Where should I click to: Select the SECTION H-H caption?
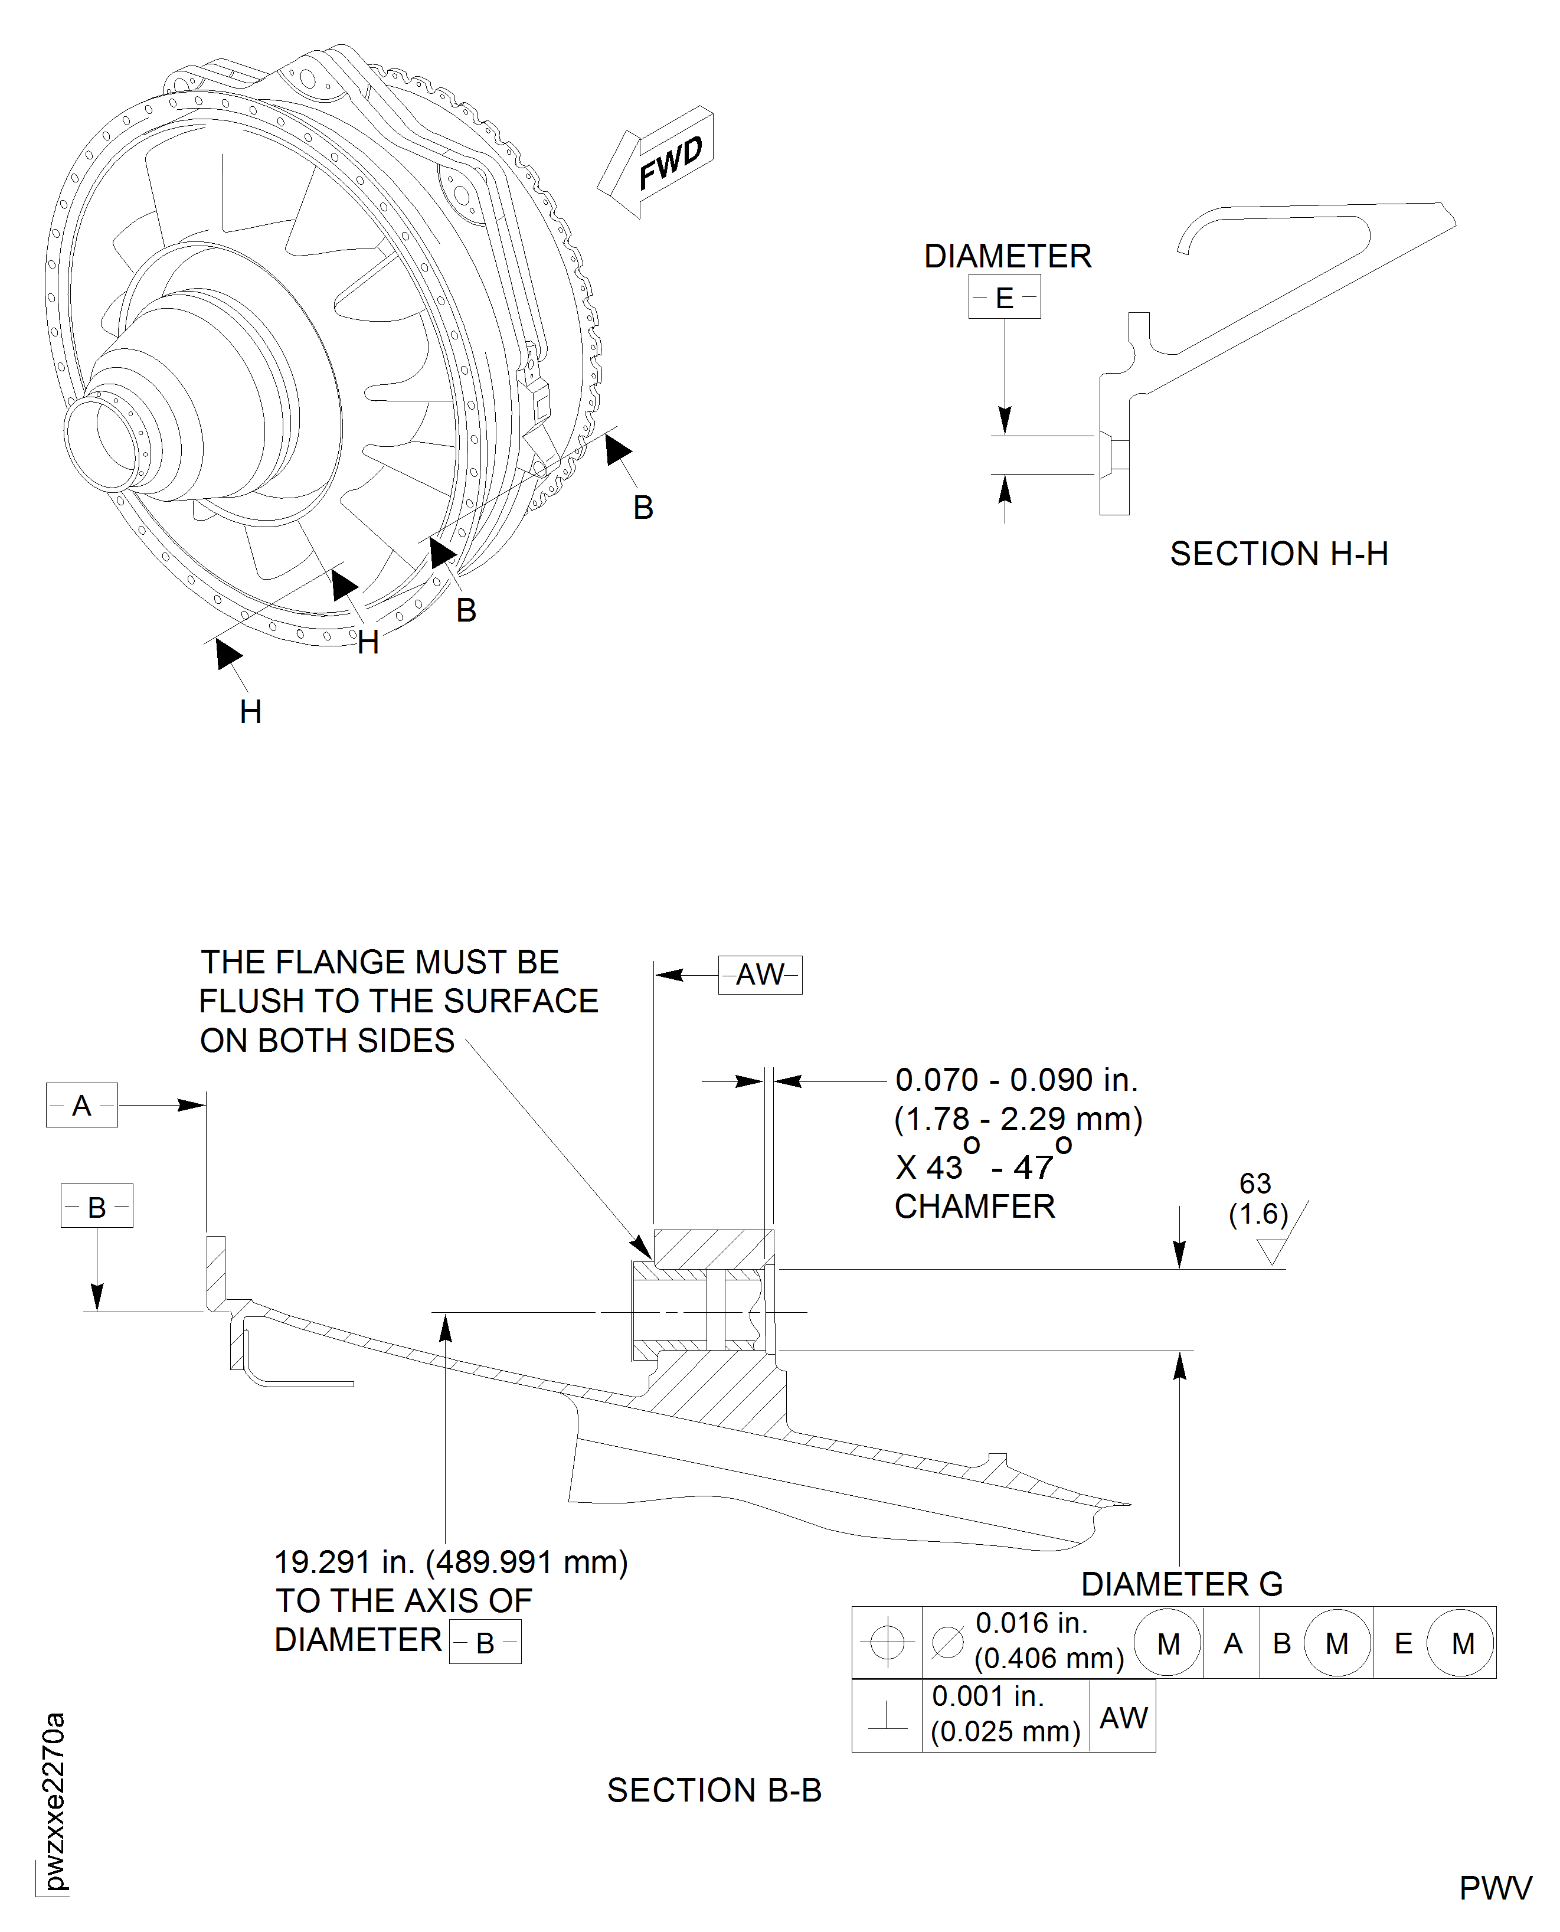click(x=1278, y=554)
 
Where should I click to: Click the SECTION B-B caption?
click(x=714, y=1790)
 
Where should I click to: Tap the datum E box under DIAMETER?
click(x=1004, y=298)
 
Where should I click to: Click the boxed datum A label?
click(x=82, y=1105)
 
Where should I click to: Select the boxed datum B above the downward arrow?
click(x=97, y=1207)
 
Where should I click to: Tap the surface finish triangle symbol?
click(x=1271, y=1251)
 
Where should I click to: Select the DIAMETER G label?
click(x=1181, y=1583)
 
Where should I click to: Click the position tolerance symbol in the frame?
click(x=887, y=1643)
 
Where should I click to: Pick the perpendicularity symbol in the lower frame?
click(x=887, y=1717)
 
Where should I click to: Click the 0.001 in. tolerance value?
click(x=987, y=1696)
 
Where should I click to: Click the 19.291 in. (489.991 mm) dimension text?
click(x=450, y=1562)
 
